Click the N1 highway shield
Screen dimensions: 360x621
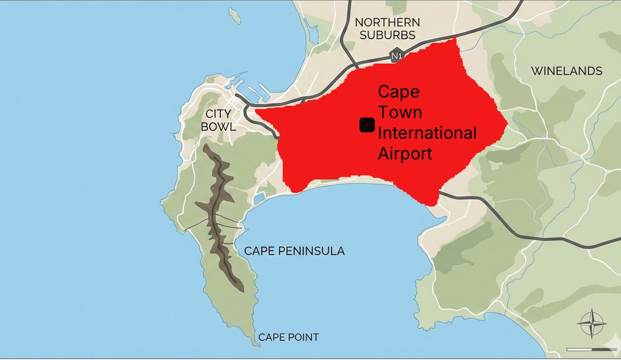coord(396,56)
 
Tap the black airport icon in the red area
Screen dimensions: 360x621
coord(367,125)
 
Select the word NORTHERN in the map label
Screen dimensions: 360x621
coord(388,22)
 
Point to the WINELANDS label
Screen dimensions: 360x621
coord(566,71)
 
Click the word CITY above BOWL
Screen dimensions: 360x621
coord(218,114)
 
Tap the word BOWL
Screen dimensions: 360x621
coord(218,127)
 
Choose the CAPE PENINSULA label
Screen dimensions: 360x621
coord(294,251)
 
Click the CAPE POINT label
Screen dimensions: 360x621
coord(289,337)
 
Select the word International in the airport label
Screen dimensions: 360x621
coord(427,133)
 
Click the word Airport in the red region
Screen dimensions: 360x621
coord(404,154)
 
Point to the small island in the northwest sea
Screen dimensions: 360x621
coord(235,15)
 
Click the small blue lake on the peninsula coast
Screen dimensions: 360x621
coord(259,199)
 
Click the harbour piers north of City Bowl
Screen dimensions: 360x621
coord(249,90)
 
